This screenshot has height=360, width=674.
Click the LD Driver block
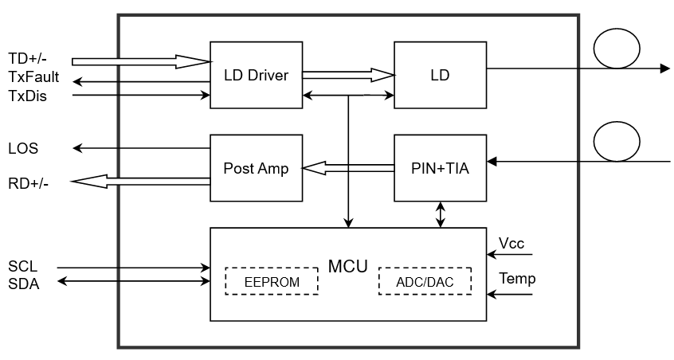click(x=256, y=75)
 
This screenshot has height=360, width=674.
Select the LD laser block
click(x=440, y=75)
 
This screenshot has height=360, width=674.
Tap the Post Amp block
click(x=256, y=168)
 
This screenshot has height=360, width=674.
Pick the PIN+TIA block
click(x=440, y=168)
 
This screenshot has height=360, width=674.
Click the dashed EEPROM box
click(x=272, y=281)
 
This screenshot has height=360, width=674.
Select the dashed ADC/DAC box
click(x=425, y=281)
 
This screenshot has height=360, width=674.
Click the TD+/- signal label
click(x=29, y=59)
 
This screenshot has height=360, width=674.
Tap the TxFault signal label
click(x=33, y=78)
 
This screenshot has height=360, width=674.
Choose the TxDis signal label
click(x=27, y=96)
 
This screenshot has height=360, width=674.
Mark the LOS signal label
click(x=23, y=149)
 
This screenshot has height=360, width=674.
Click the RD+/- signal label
click(x=29, y=183)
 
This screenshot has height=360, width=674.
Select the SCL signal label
click(x=22, y=266)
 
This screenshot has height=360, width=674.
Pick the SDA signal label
click(x=23, y=284)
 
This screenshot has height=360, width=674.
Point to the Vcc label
click(x=511, y=243)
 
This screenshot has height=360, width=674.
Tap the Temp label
click(x=517, y=279)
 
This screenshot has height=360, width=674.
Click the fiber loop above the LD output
click(x=616, y=49)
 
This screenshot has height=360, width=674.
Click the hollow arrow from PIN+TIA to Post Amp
click(x=348, y=168)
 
